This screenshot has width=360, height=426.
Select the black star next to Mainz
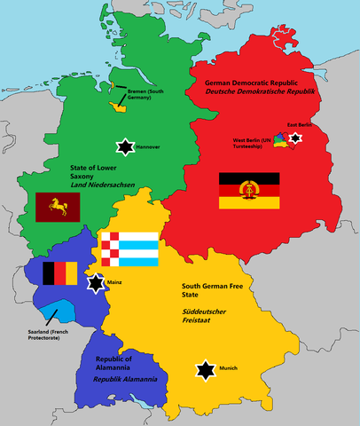click(x=95, y=283)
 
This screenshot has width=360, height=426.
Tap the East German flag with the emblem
click(x=249, y=192)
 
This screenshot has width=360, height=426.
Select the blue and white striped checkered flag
click(x=129, y=248)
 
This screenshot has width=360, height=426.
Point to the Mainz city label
click(x=115, y=282)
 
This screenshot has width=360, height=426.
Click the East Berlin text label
click(x=299, y=126)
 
